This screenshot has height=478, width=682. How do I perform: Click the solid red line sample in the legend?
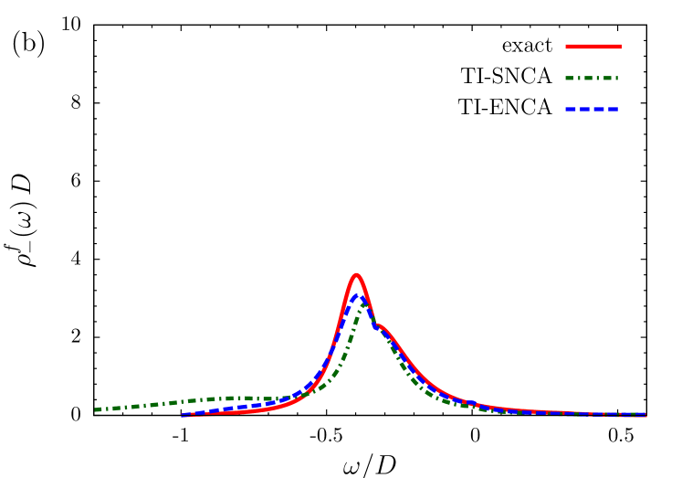pos(593,46)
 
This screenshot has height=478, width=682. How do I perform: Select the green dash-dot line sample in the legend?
pos(592,78)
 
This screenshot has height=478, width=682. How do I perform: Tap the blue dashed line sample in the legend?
pos(592,109)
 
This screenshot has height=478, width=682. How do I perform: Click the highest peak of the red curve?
pos(356,275)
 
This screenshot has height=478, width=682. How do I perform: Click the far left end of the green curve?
pos(96,409)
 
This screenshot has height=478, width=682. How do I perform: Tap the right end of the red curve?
pos(645,416)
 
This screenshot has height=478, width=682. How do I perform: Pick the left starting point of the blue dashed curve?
pos(183,415)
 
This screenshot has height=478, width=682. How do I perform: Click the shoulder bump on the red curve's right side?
pos(380,326)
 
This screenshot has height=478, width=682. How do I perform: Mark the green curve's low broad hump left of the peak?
pos(233,398)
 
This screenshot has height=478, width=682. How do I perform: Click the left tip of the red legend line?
pos(567,46)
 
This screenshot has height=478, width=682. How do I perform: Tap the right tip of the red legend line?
pos(621,46)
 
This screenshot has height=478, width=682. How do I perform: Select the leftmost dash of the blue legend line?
pos(571,109)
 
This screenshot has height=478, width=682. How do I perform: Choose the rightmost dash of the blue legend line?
pos(613,109)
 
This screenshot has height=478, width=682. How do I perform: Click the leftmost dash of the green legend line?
pos(571,78)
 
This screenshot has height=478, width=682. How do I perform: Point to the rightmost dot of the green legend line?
pos(617,78)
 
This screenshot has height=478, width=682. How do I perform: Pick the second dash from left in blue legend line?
pos(584,109)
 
